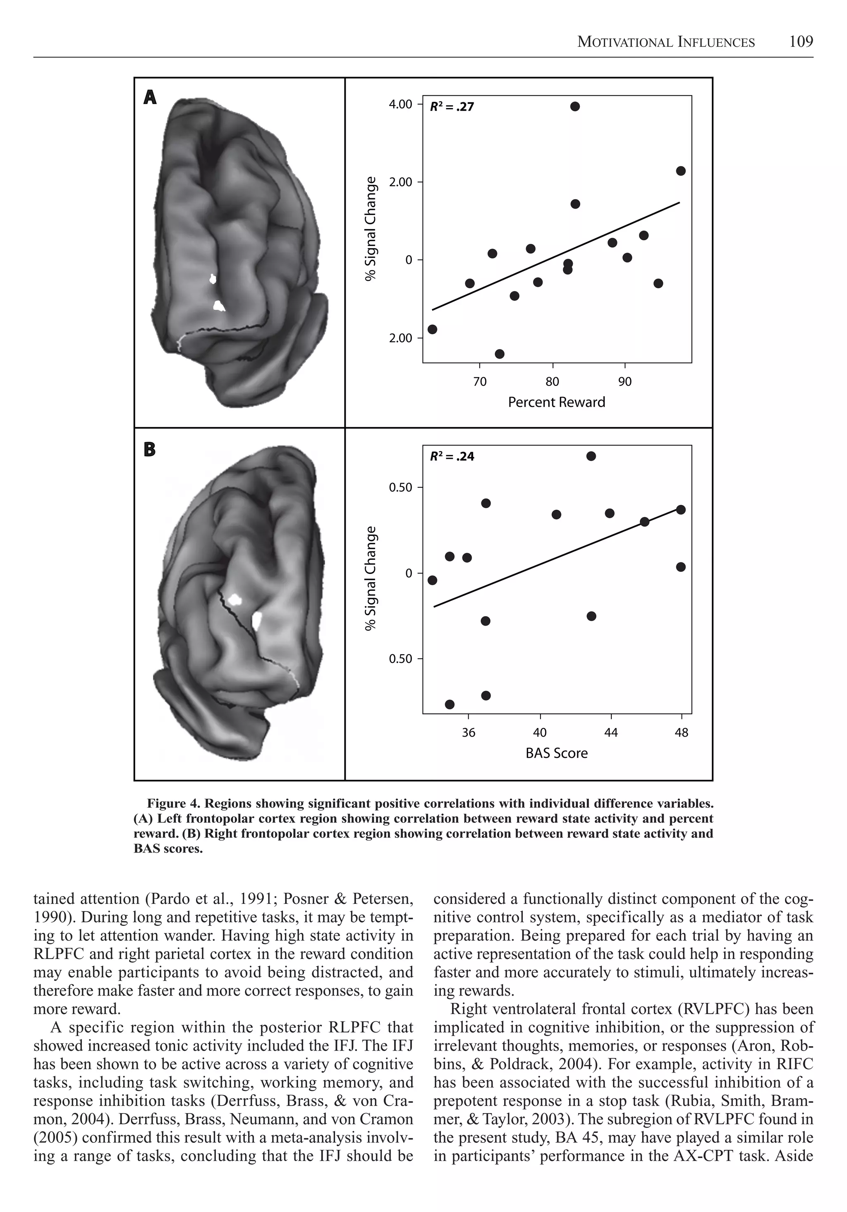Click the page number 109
(801, 42)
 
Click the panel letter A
(150, 98)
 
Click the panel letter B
(150, 449)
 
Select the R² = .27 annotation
(452, 107)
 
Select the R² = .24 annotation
(452, 457)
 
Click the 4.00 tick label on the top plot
(400, 104)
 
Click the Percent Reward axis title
(556, 402)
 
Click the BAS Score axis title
(556, 753)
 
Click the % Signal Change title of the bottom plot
(372, 578)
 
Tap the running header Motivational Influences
(665, 42)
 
